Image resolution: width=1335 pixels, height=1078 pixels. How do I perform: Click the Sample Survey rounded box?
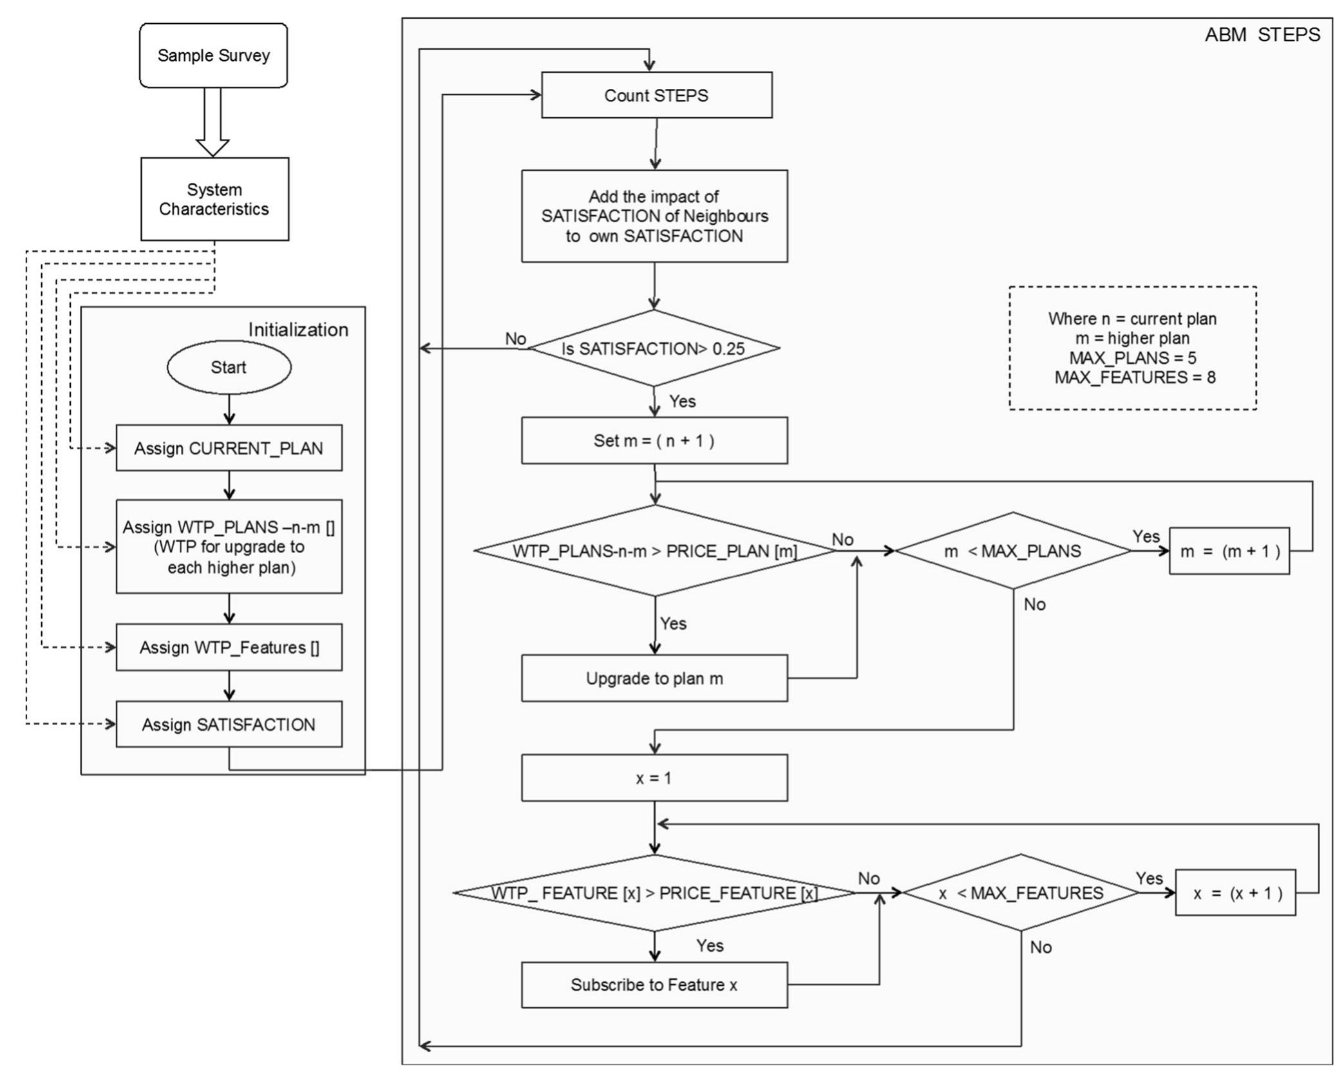pos(213,55)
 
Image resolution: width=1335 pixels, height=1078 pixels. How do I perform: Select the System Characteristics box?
pos(214,199)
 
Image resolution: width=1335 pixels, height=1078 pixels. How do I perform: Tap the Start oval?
pos(229,367)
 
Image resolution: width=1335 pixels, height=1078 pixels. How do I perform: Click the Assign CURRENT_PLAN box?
pos(229,448)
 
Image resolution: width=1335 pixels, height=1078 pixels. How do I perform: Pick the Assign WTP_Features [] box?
pos(229,647)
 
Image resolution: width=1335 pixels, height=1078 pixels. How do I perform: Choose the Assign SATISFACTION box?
pos(229,724)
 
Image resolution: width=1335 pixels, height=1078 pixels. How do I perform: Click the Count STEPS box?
pos(656,95)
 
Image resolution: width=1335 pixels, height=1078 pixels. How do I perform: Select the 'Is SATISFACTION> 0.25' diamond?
pos(654,348)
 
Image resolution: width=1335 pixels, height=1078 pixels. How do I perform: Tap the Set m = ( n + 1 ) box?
pos(654,440)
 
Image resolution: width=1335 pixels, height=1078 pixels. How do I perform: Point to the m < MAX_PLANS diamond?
pos(1013,551)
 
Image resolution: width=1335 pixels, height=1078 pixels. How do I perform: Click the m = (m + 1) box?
pos(1229,551)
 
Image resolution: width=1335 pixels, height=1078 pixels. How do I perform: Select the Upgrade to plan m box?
pos(654,678)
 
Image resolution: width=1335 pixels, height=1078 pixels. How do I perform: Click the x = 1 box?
pos(654,778)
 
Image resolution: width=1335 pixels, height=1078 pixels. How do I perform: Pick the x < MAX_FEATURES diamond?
pos(1020,893)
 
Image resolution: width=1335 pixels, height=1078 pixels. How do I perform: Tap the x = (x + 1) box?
pos(1235,893)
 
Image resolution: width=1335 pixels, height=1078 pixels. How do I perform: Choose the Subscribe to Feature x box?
pos(654,985)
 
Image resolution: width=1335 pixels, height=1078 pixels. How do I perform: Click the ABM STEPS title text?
pos(1262,35)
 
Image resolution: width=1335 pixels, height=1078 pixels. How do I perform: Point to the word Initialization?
pos(298,330)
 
